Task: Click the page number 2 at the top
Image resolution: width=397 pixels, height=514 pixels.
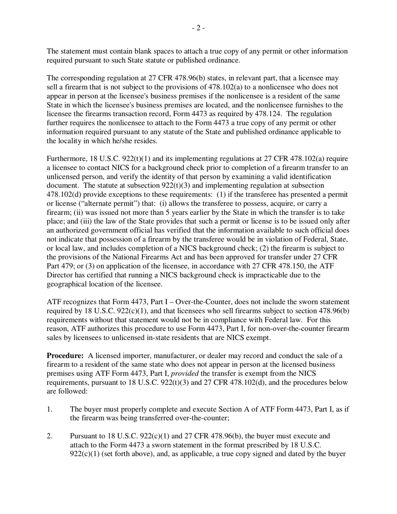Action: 198,28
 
